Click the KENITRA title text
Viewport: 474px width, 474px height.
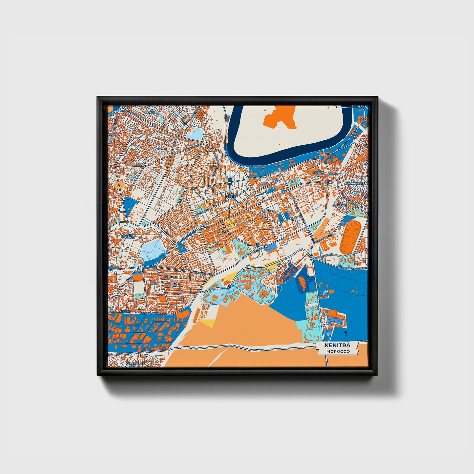pos(337,345)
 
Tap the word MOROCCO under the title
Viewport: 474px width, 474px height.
pos(338,351)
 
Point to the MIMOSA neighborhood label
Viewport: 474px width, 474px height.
pos(223,232)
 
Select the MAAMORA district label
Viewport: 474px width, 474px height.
pos(266,211)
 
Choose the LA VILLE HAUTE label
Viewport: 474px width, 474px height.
pos(231,195)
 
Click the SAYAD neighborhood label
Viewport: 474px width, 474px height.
pos(162,149)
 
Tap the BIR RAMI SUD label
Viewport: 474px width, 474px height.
pos(133,364)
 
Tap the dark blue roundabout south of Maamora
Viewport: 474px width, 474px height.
pos(258,245)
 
